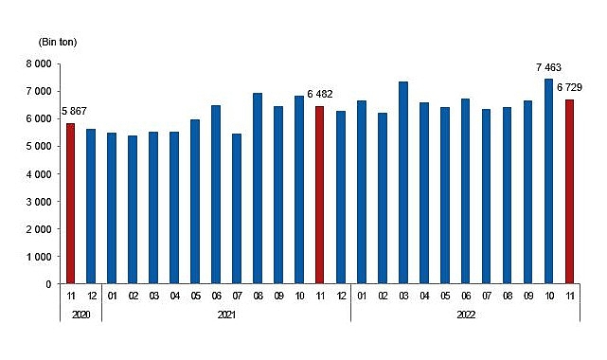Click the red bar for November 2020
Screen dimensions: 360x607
click(x=70, y=204)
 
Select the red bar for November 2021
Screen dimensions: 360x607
click(x=320, y=195)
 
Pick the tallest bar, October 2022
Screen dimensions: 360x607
click(x=549, y=181)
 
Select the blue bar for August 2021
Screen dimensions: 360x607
click(x=258, y=189)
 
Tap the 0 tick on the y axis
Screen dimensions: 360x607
click(x=46, y=283)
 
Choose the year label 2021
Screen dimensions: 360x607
click(x=225, y=314)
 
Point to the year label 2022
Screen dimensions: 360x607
click(x=464, y=314)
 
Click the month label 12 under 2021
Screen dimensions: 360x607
click(x=341, y=297)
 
